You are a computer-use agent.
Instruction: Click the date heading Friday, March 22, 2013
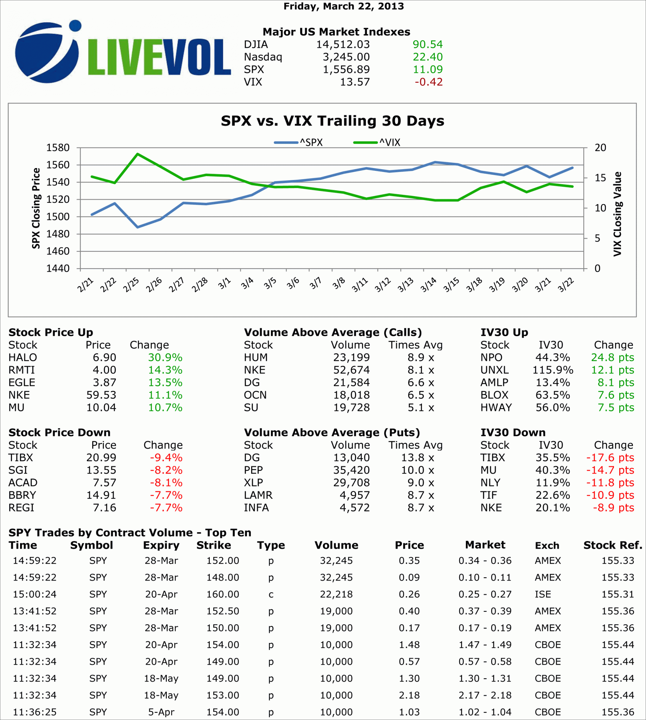coord(344,6)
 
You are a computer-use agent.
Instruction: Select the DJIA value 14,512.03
coord(343,44)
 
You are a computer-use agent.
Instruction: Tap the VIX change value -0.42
coord(429,82)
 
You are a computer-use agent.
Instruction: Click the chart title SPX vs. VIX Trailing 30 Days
coord(332,121)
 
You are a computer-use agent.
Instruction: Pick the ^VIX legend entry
coord(377,143)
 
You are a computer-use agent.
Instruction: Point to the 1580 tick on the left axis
coord(58,148)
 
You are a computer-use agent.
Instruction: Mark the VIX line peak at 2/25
coord(138,154)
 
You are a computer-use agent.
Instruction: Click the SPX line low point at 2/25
coord(138,227)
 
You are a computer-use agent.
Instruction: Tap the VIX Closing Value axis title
coord(617,214)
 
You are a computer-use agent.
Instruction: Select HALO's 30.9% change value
coord(165,358)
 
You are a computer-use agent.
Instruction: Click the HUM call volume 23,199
coord(351,358)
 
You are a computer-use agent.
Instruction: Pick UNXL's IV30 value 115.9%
coord(553,370)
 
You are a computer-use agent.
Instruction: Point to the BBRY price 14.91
coord(101,495)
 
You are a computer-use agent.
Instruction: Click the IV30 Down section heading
coord(513,432)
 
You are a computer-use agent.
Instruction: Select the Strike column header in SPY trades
coord(214,545)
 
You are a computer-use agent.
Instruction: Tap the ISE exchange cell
coord(543,594)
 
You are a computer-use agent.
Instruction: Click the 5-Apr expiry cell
coord(161,712)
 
